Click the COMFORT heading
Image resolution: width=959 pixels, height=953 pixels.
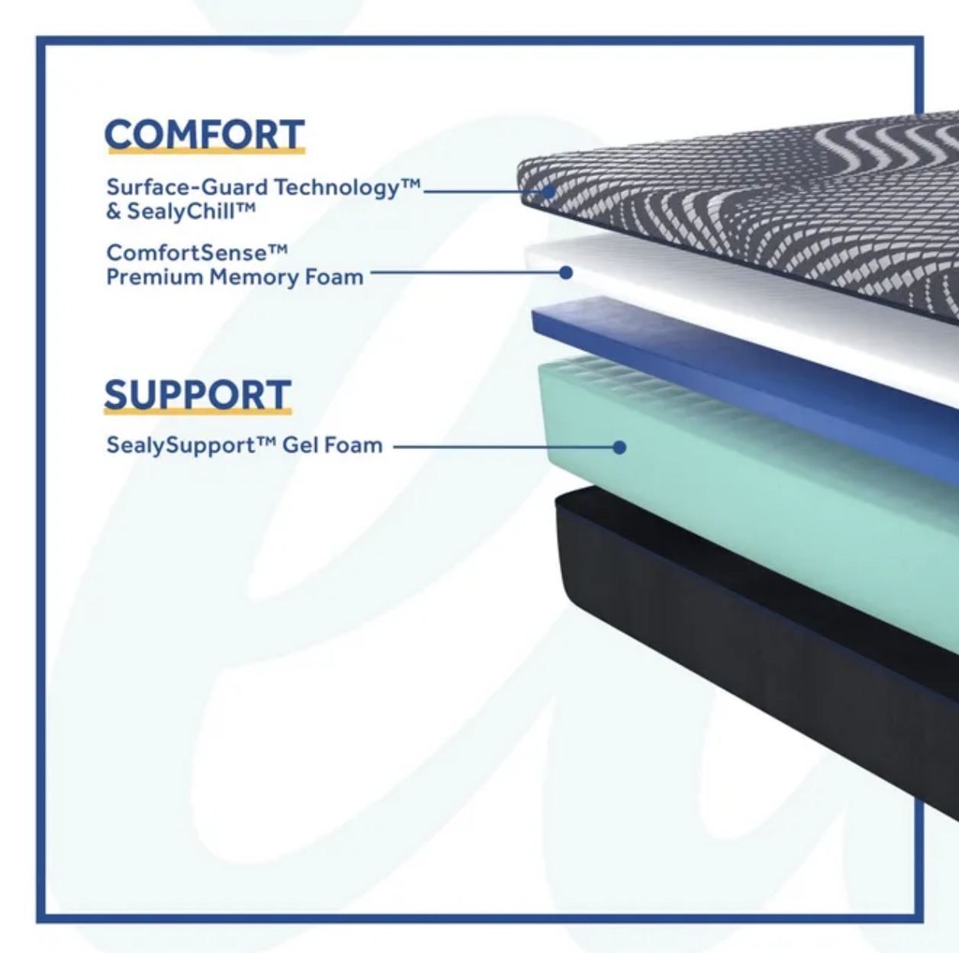tap(205, 134)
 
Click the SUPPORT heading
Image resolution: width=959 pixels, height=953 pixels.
tap(198, 394)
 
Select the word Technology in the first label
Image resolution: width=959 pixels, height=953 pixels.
tap(337, 188)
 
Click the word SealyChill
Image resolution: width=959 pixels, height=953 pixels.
tap(181, 211)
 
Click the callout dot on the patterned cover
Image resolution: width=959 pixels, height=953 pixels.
tap(549, 191)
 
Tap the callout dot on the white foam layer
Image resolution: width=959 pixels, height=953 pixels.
tap(566, 273)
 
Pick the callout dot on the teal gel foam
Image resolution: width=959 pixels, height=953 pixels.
tap(619, 447)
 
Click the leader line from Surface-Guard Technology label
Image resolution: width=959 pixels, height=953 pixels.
tap(484, 191)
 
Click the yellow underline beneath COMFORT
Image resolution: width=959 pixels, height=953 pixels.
tap(206, 150)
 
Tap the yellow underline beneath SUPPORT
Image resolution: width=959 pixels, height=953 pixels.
tap(198, 412)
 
